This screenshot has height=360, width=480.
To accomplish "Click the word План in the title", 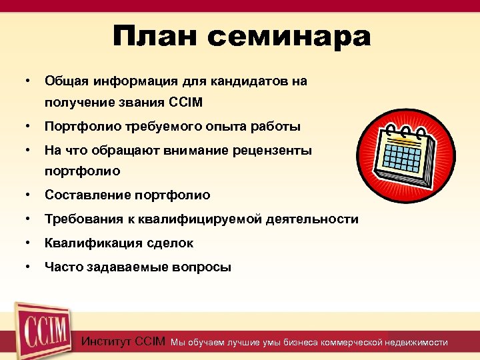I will click(155, 37).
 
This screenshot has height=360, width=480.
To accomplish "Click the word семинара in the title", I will click(289, 37).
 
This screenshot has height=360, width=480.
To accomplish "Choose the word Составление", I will click(87, 195).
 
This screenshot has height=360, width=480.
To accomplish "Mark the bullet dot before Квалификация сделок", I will click(27, 243).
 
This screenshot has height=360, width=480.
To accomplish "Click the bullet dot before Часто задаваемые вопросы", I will click(27, 267).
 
